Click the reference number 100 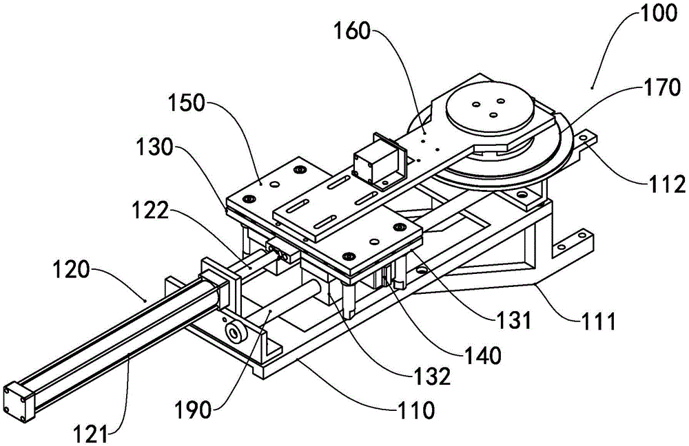tap(640, 14)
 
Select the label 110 tap(414, 411)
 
